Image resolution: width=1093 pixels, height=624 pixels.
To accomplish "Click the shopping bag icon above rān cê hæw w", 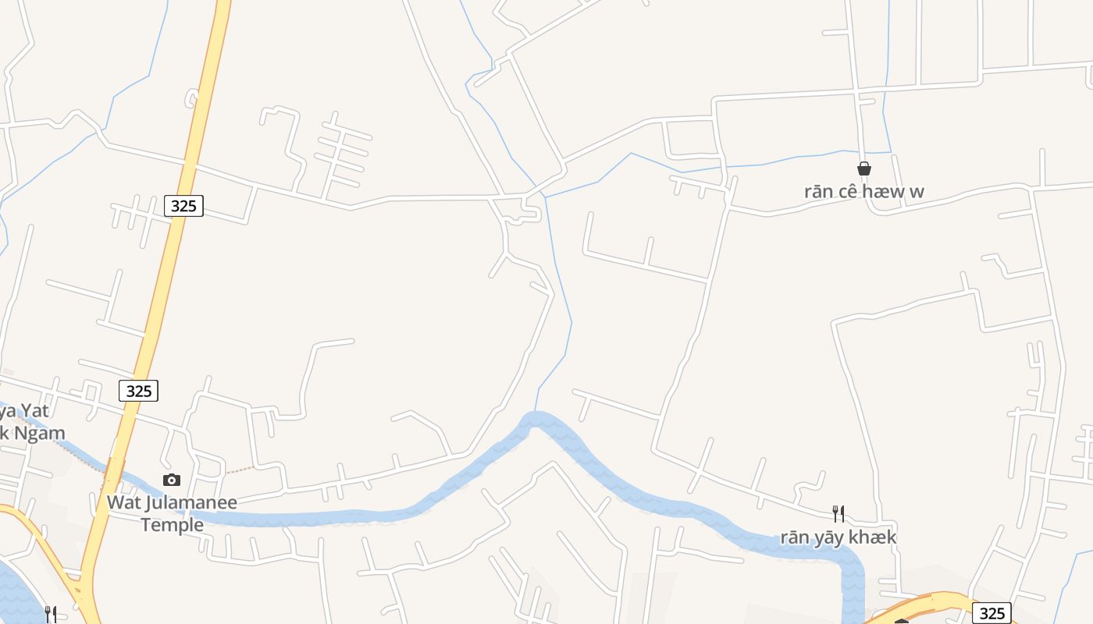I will (x=864, y=168).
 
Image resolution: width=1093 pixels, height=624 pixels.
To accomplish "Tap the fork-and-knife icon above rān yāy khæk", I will (x=838, y=513).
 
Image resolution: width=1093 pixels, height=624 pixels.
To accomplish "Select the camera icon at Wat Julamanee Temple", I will (x=172, y=480).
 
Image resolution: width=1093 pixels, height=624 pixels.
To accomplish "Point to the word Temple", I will (x=173, y=525).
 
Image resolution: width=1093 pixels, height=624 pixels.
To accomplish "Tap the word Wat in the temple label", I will (x=123, y=502).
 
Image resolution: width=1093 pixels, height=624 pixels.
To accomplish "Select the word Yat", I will (x=35, y=411).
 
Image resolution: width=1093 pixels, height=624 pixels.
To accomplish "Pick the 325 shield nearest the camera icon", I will (x=138, y=391).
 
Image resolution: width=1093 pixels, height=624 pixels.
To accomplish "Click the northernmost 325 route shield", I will (x=183, y=206).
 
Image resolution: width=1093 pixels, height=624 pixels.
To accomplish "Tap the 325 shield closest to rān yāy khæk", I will (x=992, y=613).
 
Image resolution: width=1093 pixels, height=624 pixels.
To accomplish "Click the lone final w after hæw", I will (x=916, y=192).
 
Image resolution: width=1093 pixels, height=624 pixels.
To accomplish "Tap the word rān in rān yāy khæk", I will (x=795, y=537).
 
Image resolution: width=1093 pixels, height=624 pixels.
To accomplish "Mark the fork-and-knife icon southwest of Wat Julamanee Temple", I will (x=50, y=615).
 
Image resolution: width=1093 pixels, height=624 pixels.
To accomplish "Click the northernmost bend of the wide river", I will (x=536, y=419).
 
